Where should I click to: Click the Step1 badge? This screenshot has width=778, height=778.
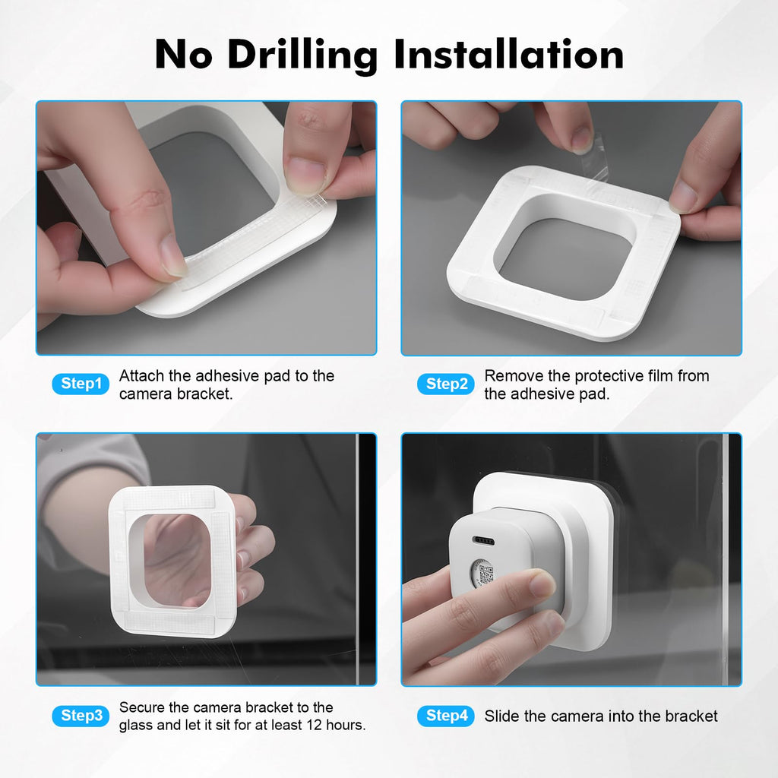[81, 384]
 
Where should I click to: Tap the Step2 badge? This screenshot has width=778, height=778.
[445, 384]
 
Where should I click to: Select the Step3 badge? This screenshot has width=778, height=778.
[81, 716]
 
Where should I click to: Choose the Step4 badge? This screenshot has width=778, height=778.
[445, 716]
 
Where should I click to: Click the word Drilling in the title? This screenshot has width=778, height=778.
[302, 55]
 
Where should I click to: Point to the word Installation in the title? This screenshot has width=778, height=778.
[509, 54]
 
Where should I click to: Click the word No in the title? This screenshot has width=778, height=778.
[184, 54]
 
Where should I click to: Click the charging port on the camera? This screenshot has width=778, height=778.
[484, 540]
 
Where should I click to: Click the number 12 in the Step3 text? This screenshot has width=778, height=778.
[314, 725]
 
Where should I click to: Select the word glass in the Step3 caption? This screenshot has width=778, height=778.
[135, 726]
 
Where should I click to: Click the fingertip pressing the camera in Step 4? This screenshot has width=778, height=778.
[541, 583]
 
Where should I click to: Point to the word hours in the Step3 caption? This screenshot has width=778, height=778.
[346, 725]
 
